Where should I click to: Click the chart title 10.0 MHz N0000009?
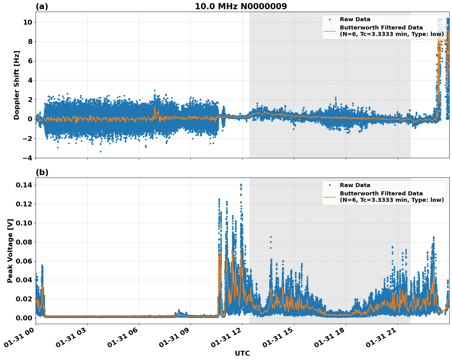241,6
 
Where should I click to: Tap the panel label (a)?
42,6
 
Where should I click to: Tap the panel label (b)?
42,172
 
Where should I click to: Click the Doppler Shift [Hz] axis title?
17,85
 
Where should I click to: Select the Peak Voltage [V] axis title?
10,251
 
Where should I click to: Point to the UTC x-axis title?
242,353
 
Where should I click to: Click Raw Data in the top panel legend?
355,19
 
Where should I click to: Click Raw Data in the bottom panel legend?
355,185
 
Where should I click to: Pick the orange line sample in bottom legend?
330,197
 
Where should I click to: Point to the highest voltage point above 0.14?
241,185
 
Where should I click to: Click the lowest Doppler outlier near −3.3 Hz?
100,151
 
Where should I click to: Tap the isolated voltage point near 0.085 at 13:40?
271,237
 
